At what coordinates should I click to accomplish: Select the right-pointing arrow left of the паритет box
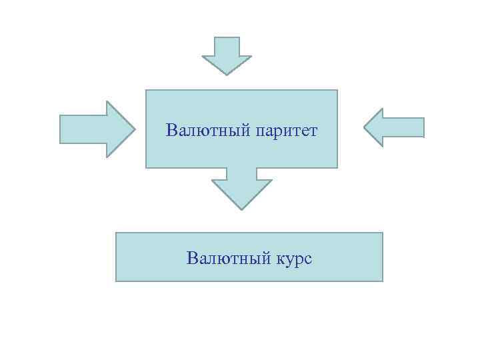tap(97, 129)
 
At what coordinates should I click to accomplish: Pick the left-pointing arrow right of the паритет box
tap(394, 127)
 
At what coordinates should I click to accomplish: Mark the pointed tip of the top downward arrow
tap(227, 74)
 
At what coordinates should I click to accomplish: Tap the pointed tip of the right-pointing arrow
tap(135, 129)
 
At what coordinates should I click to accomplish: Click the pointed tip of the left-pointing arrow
tap(365, 127)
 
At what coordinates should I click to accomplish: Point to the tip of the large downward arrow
tap(241, 209)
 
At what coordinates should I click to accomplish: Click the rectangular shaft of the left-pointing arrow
tap(403, 127)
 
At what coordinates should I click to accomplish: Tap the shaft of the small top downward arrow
tap(227, 47)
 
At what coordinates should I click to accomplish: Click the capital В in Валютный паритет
tap(172, 129)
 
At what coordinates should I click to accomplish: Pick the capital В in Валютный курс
tap(193, 257)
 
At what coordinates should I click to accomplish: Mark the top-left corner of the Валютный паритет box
tap(146, 90)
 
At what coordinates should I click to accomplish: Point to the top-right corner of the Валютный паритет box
tap(337, 90)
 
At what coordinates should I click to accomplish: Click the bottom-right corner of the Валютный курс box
tap(383, 281)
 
